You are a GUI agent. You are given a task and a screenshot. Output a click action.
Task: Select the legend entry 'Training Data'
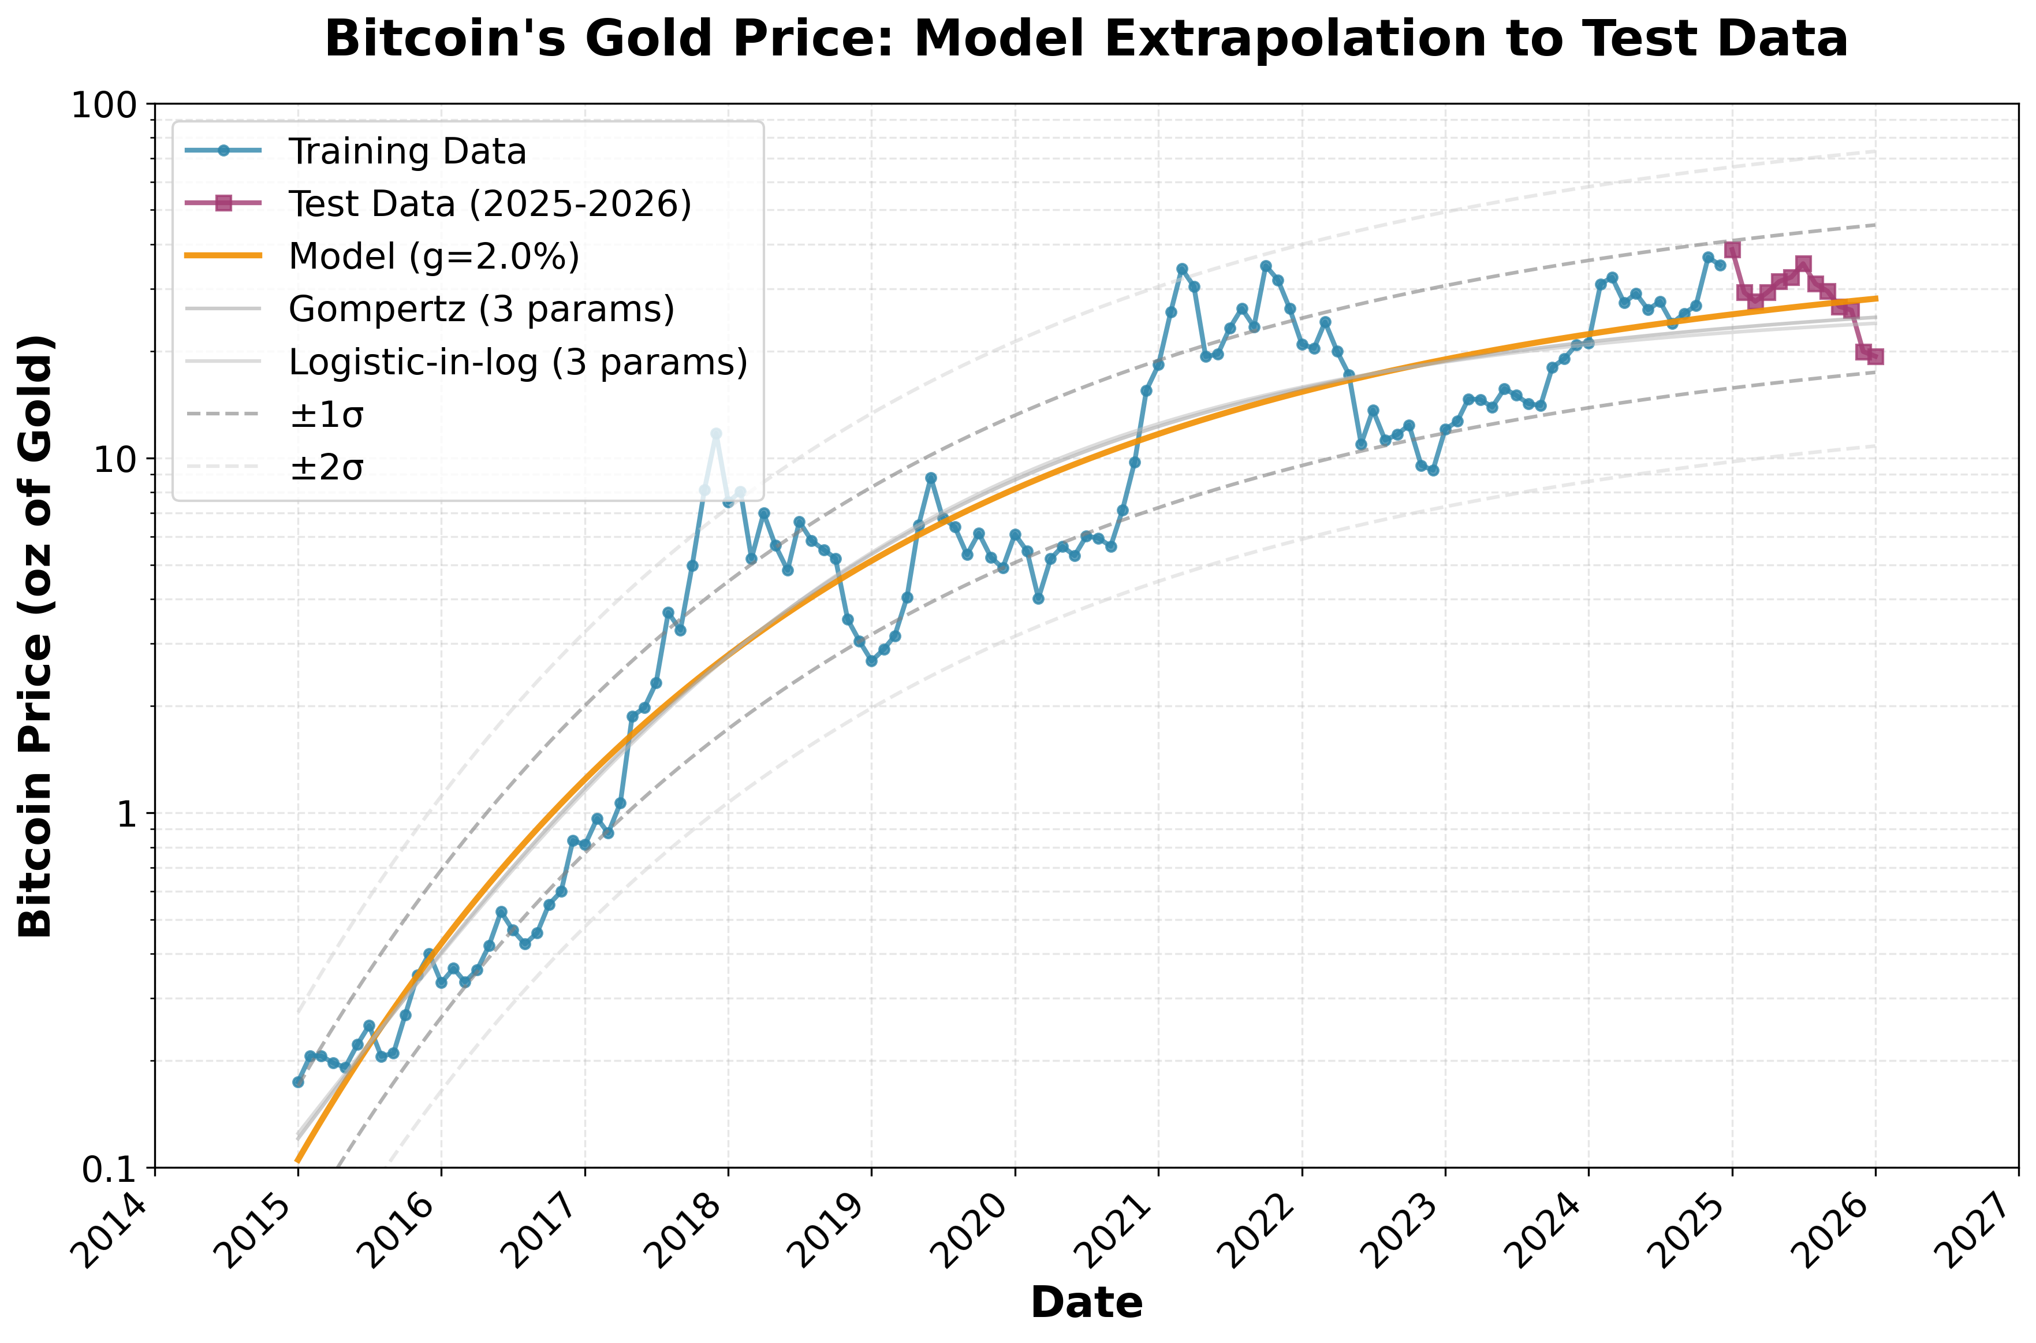[x=407, y=151]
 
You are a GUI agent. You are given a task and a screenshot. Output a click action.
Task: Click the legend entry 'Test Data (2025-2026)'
[x=490, y=204]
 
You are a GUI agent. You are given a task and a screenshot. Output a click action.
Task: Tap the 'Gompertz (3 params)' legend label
[x=481, y=309]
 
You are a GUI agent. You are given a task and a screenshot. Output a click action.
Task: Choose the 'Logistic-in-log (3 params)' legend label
[x=518, y=362]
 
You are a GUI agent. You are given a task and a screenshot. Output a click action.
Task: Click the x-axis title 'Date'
[x=1086, y=1303]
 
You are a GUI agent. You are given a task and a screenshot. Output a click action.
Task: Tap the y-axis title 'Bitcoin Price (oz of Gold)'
[x=36, y=635]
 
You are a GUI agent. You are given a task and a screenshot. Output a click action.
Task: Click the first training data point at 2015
[x=298, y=1082]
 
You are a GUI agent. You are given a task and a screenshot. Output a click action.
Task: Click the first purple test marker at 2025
[x=1732, y=249]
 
